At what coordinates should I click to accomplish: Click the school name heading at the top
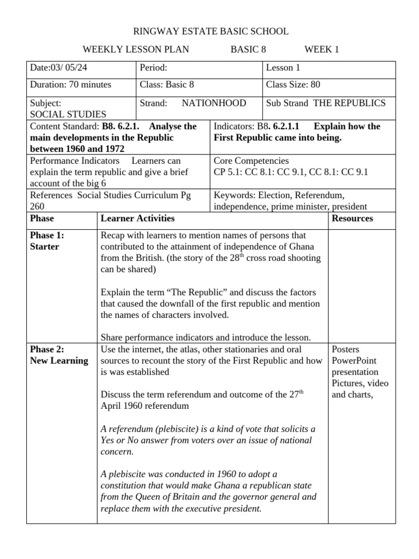point(211,32)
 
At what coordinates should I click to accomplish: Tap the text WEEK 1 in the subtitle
point(321,50)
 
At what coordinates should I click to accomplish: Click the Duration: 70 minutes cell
point(70,85)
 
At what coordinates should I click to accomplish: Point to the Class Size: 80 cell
point(293,85)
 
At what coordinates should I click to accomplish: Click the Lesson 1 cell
point(283,68)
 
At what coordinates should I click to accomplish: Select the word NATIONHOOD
point(214,103)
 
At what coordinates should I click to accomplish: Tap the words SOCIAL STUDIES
point(68,115)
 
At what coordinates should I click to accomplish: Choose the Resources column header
point(352,218)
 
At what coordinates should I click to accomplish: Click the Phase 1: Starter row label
point(47,241)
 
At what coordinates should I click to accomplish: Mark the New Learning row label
point(59,361)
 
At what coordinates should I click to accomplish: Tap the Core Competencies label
point(251,161)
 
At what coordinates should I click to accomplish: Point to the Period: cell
point(153,68)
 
